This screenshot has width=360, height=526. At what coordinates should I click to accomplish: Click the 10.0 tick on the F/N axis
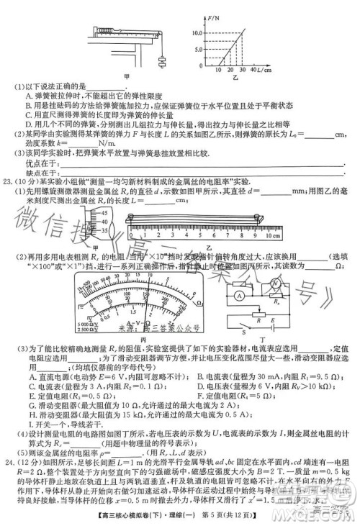197,33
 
